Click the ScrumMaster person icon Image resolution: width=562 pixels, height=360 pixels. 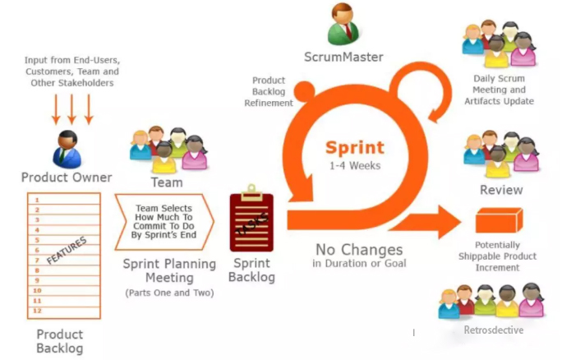click(343, 25)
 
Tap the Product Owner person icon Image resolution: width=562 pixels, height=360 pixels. click(67, 149)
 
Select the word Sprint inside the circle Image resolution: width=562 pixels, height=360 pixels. click(355, 148)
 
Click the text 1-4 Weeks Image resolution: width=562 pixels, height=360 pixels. click(355, 166)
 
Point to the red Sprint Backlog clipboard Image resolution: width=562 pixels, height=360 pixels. click(251, 218)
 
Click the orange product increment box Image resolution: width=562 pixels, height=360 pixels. click(499, 220)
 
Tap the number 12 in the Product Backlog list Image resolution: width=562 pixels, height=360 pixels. click(37, 311)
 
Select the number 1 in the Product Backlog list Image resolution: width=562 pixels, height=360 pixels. click(37, 200)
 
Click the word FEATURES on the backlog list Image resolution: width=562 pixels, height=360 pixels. click(67, 251)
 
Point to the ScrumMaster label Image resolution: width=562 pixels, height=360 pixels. click(343, 57)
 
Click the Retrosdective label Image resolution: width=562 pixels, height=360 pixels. click(494, 330)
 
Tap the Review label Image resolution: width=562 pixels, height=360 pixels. click(501, 190)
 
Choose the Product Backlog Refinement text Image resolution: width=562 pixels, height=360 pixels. click(269, 91)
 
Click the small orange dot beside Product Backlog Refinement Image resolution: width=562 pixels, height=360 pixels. click(304, 91)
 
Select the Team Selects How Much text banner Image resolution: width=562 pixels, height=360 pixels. click(164, 222)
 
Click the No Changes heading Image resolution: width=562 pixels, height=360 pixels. click(359, 250)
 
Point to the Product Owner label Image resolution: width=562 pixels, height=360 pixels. click(67, 178)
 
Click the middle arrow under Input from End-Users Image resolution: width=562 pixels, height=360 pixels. click(71, 109)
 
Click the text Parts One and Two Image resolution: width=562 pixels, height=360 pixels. click(169, 293)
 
